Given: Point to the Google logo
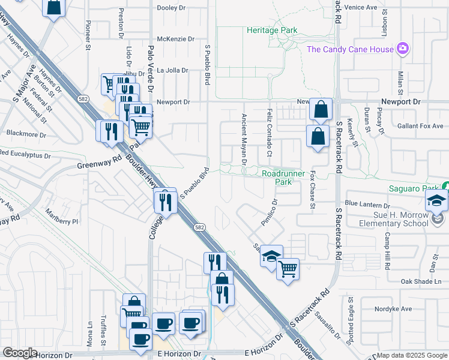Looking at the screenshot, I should [19, 353].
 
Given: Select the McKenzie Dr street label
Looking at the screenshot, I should [175, 39].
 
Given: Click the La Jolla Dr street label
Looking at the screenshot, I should [172, 70].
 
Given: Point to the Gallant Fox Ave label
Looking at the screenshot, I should [420, 126].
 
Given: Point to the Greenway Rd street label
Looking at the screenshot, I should [99, 163].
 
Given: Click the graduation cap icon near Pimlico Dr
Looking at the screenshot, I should [271, 256].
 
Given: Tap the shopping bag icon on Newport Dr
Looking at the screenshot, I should [321, 109].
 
